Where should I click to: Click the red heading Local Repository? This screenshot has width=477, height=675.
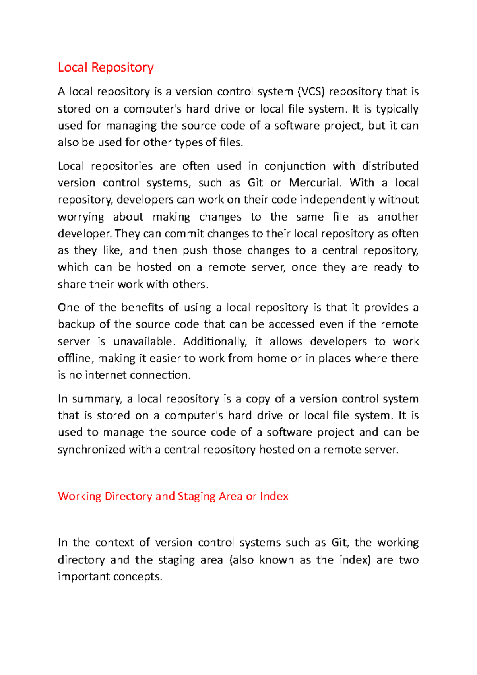106,67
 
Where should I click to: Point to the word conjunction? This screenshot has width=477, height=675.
295,166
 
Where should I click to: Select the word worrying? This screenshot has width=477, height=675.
81,217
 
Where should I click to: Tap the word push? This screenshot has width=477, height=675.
195,250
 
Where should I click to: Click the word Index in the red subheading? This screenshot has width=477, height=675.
274,497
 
